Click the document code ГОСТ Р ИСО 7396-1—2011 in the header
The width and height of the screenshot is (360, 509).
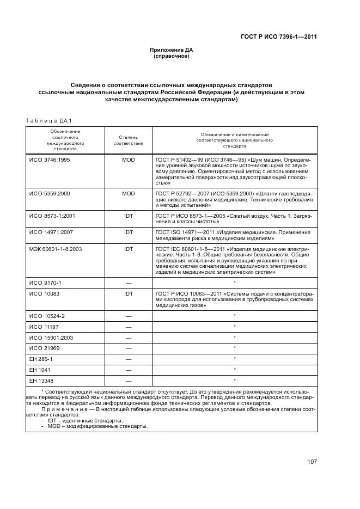coord(278,37)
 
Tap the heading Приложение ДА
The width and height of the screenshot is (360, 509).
coord(172,50)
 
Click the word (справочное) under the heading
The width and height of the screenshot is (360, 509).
coord(172,56)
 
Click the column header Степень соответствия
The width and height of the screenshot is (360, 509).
coord(129,140)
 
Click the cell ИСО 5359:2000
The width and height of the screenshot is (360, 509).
coord(49,193)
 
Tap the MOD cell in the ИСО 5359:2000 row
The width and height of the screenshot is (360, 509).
coord(129,193)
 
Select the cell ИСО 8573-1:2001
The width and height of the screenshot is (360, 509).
coord(52,216)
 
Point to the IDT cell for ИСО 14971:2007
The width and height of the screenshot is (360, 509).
coord(129,232)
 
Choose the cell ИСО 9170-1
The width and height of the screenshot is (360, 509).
coord(45,283)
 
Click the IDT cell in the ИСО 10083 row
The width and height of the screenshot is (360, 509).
coord(129,293)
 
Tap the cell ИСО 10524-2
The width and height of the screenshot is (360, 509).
coord(47,316)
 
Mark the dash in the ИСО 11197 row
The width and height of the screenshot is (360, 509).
coord(129,327)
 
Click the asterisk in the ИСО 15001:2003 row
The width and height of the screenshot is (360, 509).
coord(234,337)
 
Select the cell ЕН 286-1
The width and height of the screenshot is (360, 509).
coord(42,359)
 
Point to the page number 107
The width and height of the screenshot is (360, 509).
coord(312,462)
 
